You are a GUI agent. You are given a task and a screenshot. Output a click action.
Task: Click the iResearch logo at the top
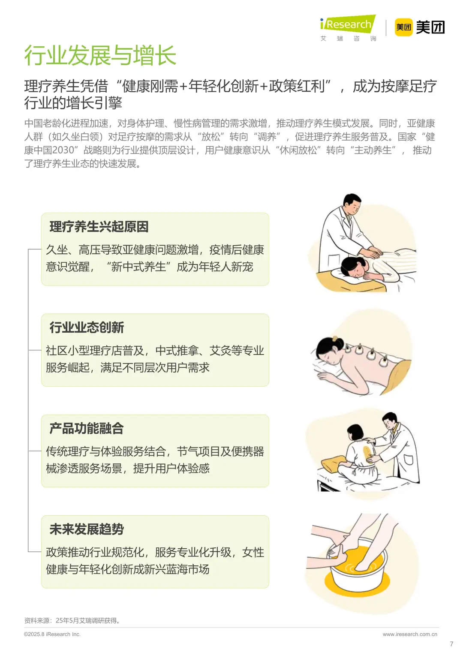tap(348, 24)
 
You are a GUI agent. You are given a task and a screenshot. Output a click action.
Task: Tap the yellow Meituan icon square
tap(403, 27)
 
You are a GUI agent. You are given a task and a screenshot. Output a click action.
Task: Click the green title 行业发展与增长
tap(100, 56)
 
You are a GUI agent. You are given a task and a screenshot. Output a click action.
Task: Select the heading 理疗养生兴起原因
tap(99, 227)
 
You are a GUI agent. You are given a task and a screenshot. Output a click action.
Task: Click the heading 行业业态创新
tap(87, 327)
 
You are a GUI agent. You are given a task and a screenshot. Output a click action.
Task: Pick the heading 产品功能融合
tap(87, 428)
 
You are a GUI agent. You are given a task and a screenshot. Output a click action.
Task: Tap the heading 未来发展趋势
tap(87, 529)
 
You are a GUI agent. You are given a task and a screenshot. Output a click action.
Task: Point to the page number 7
tap(451, 644)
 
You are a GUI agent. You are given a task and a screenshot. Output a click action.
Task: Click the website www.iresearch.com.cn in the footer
tap(410, 634)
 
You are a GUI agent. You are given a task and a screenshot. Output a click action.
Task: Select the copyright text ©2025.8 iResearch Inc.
tap(52, 634)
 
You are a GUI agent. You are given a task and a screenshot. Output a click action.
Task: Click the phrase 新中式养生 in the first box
tap(138, 267)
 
